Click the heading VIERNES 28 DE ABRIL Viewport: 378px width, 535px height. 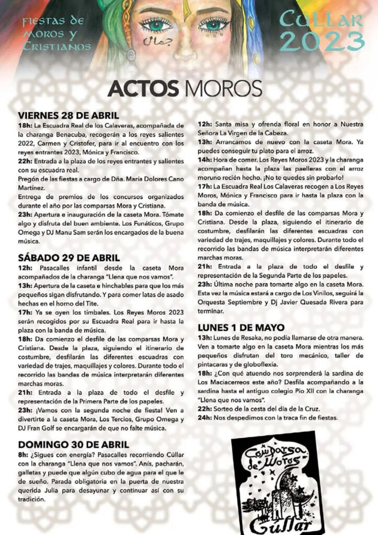[68, 115]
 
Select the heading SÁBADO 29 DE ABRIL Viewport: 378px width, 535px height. [69, 258]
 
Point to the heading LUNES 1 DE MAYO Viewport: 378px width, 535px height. [240, 328]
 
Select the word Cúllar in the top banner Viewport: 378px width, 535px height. [321, 19]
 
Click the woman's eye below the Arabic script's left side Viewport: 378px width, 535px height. [155, 24]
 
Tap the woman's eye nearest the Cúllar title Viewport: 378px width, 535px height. [214, 24]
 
